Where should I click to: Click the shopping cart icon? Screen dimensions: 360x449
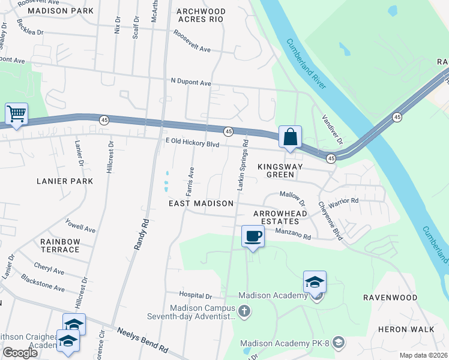[x=16, y=114]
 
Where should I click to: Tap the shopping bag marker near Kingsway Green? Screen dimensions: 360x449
[x=290, y=137]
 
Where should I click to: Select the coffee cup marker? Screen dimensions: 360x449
[x=253, y=236]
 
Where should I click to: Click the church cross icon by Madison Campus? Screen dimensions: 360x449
[x=244, y=311]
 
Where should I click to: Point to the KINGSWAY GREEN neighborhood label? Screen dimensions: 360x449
[x=276, y=170]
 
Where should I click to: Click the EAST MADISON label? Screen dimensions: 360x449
[x=200, y=203]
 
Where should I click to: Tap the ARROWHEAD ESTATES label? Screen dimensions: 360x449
[x=280, y=217]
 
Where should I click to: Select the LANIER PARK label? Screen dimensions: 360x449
[x=65, y=181]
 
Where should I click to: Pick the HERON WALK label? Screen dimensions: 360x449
[x=402, y=329]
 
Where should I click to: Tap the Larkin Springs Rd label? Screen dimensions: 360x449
[x=243, y=165]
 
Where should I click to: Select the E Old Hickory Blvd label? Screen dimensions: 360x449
[x=193, y=144]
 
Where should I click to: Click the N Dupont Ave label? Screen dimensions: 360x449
[x=191, y=82]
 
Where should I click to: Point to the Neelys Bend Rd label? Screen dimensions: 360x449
[x=142, y=340]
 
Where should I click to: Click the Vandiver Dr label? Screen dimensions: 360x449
[x=331, y=130]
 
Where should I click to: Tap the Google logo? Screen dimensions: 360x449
[x=20, y=353]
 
